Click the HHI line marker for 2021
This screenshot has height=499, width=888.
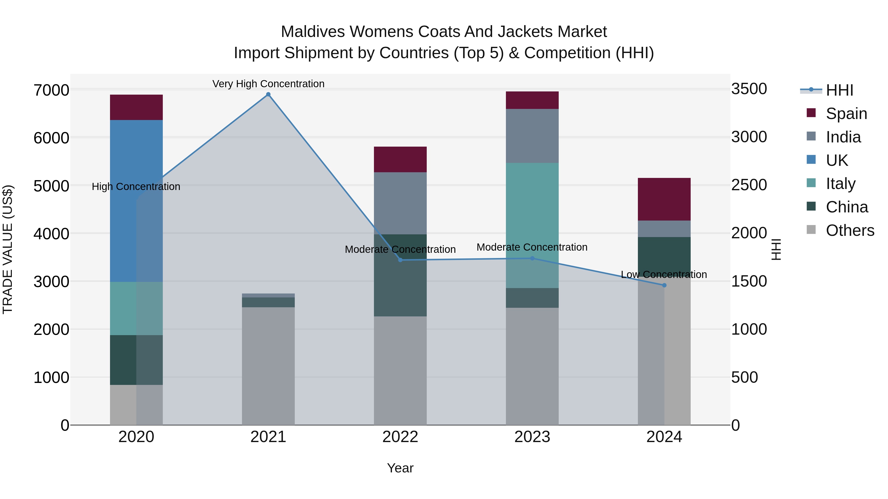[268, 94]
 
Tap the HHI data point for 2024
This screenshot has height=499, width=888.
[664, 285]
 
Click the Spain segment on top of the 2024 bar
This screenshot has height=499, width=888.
[664, 199]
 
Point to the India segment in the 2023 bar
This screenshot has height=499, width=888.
[532, 136]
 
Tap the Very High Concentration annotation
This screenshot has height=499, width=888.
[268, 84]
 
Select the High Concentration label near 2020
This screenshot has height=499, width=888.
[136, 187]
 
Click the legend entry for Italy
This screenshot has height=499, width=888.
[840, 184]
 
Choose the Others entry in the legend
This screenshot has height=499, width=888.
[850, 230]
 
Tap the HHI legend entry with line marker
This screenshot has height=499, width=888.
[839, 90]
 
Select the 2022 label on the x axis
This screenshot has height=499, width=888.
[400, 437]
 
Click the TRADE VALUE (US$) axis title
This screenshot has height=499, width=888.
[8, 249]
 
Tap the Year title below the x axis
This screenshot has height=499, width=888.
[400, 468]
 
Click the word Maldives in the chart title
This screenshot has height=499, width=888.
[312, 32]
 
